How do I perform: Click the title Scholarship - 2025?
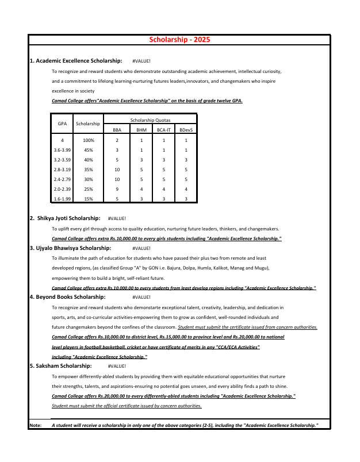(x=179, y=40)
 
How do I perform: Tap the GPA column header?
(x=62, y=124)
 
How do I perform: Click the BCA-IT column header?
(x=163, y=130)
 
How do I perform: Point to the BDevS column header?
(x=186, y=130)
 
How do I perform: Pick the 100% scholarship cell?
(x=89, y=140)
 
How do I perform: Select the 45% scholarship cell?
(x=89, y=150)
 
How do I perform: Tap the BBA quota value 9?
(x=117, y=189)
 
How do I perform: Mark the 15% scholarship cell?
(x=89, y=199)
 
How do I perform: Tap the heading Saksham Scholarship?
(x=60, y=365)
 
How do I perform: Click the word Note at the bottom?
(x=35, y=425)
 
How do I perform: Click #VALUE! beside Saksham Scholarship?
(x=117, y=366)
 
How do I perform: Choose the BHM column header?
(x=141, y=130)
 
